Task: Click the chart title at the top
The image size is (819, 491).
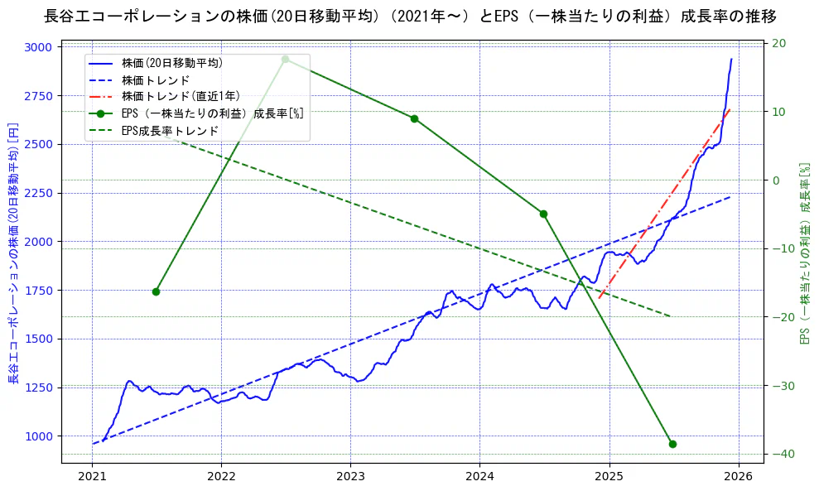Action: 409,16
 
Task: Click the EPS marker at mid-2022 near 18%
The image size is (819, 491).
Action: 285,59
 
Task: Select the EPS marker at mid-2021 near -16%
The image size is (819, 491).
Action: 156,291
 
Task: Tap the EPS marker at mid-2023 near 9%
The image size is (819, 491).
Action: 414,118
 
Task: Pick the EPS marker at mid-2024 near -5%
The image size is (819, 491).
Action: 543,214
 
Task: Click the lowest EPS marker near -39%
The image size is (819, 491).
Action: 672,444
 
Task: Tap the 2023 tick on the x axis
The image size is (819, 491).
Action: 350,477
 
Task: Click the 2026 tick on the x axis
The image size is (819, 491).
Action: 739,477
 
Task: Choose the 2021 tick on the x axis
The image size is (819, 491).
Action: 92,477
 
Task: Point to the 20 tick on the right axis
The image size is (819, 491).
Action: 779,43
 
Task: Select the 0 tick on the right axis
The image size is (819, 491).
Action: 777,181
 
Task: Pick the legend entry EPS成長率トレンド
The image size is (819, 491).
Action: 170,130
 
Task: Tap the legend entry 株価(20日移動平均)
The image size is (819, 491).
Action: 171,63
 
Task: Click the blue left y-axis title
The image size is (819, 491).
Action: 13,253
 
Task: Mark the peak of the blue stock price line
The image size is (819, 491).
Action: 731,59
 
